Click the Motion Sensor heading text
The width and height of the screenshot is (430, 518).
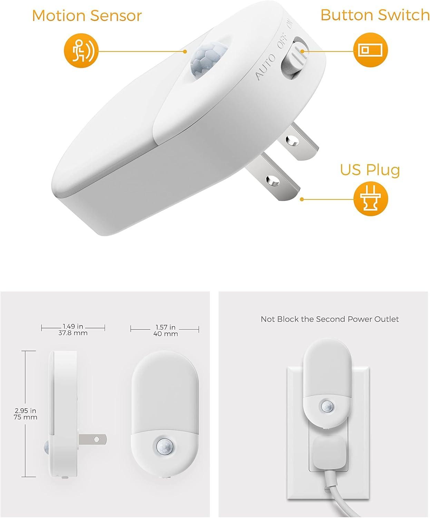pyautogui.click(x=87, y=16)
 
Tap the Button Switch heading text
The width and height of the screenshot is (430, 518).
pyautogui.click(x=374, y=15)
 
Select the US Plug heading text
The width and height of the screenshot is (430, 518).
pyautogui.click(x=370, y=170)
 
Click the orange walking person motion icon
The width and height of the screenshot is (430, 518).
pyautogui.click(x=81, y=50)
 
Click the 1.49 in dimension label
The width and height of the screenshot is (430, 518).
pyautogui.click(x=73, y=326)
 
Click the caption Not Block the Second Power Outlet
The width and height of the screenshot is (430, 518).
pyautogui.click(x=330, y=319)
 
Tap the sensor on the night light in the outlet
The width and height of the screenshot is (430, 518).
pyautogui.click(x=326, y=406)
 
